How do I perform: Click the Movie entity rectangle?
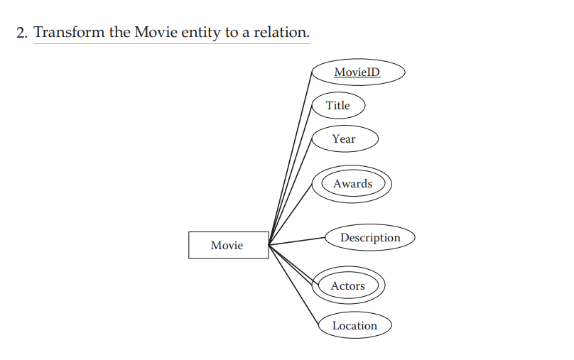[x=228, y=245]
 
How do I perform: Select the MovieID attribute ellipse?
[x=357, y=72]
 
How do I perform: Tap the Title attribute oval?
[x=338, y=106]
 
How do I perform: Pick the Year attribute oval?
[x=345, y=139]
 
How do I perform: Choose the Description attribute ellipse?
[x=369, y=238]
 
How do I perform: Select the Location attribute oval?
[x=354, y=326]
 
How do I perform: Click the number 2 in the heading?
[x=21, y=33]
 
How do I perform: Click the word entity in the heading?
[x=202, y=33]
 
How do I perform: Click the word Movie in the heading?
[x=156, y=33]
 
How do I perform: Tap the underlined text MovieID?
[x=357, y=72]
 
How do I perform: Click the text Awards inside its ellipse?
[x=352, y=184]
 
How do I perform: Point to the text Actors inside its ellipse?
[x=348, y=286]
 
